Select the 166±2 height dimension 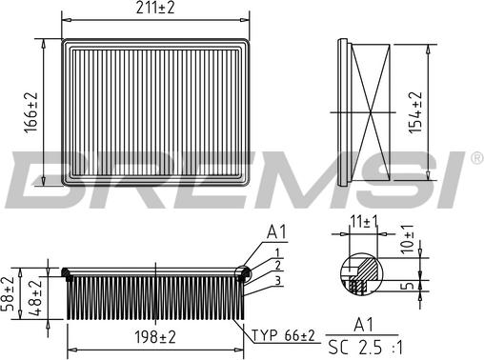tap(31, 111)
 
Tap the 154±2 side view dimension tap(414, 112)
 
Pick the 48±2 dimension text tap(35, 295)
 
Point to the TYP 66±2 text tap(284, 335)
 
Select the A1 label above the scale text tap(363, 323)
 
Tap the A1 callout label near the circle tap(276, 231)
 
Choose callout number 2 tap(276, 265)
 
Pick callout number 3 tap(276, 280)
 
